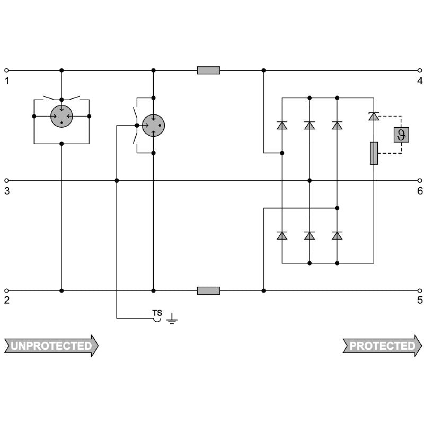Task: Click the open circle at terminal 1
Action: coord(6,70)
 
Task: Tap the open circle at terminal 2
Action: coord(6,290)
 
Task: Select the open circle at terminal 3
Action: coord(6,180)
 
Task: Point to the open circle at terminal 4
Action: coord(420,70)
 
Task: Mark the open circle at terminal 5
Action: coord(420,290)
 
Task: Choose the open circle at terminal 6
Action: coord(420,180)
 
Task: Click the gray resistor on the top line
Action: coord(208,70)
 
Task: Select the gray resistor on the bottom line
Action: coord(208,290)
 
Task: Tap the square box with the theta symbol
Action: coord(401,135)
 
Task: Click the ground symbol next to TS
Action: coord(172,319)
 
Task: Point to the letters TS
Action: coord(157,313)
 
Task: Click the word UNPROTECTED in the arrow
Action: coord(51,346)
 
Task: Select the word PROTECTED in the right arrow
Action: coord(382,346)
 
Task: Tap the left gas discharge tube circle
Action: coord(61,116)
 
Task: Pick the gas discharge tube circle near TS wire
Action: coord(153,126)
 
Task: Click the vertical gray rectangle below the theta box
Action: coord(374,153)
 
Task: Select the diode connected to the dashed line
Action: coord(374,116)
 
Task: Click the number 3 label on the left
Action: coord(7,191)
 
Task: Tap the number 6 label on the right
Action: coord(420,191)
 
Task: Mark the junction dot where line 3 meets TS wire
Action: coord(117,180)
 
